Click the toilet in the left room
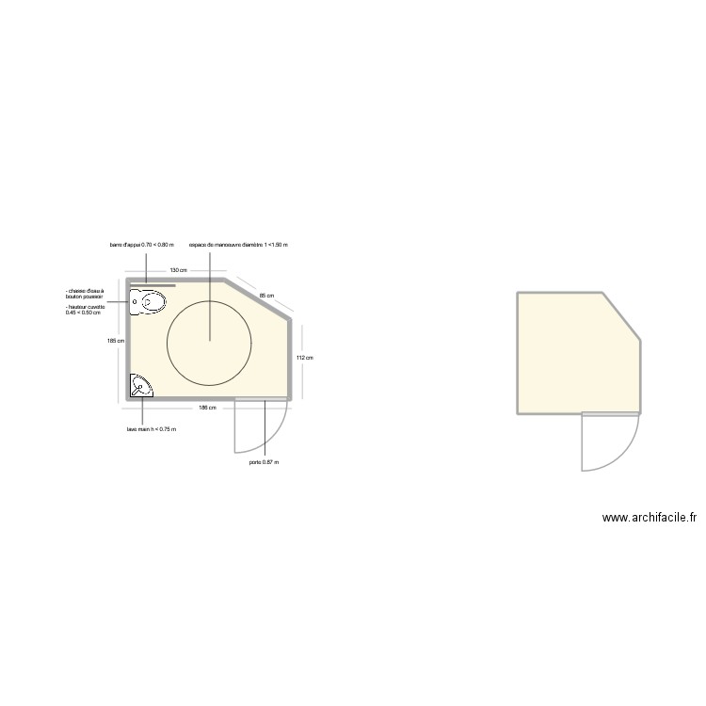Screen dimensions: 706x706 click(x=151, y=302)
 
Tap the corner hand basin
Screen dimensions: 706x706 click(x=139, y=385)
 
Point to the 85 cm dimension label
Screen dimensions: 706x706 click(x=266, y=296)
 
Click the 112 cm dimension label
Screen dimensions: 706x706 click(x=303, y=358)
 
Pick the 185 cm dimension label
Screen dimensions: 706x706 click(x=116, y=341)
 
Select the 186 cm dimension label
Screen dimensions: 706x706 click(x=208, y=408)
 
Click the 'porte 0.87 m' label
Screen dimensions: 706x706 click(x=265, y=462)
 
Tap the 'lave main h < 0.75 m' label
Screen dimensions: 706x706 click(x=152, y=429)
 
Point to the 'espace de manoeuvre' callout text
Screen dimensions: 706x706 click(x=238, y=245)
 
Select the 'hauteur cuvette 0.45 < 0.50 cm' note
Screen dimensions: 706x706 click(x=85, y=310)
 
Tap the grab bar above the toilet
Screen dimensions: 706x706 click(x=153, y=283)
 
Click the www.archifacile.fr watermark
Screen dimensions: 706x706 click(x=649, y=517)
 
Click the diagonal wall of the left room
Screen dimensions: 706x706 click(x=257, y=298)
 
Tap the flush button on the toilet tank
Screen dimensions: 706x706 click(x=135, y=302)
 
